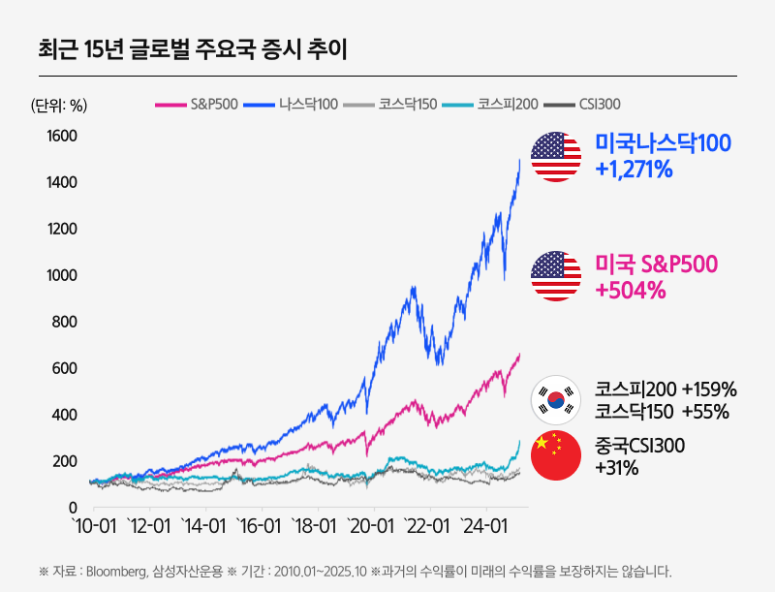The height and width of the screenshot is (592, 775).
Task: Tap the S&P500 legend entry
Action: pyautogui.click(x=200, y=104)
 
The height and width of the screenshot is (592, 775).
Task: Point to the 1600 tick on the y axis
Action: pyautogui.click(x=61, y=136)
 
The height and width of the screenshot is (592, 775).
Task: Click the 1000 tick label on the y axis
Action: pyautogui.click(x=61, y=275)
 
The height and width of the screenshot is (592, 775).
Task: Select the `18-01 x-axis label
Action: pyautogui.click(x=317, y=526)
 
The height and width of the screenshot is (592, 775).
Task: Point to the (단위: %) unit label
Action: pyautogui.click(x=59, y=105)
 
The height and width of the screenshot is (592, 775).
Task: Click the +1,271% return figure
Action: pyautogui.click(x=635, y=170)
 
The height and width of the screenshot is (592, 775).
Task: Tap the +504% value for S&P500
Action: pyautogui.click(x=631, y=290)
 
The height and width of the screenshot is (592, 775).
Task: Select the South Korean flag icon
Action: pyautogui.click(x=556, y=399)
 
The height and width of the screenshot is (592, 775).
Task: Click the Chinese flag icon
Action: pyautogui.click(x=556, y=455)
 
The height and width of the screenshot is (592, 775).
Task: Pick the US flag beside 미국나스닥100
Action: pyautogui.click(x=556, y=157)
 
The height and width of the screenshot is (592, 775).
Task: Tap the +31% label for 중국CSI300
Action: pyautogui.click(x=616, y=468)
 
